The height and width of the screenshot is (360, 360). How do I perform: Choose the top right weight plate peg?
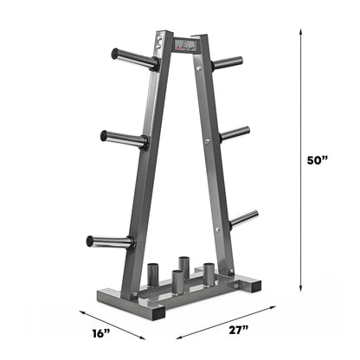228,62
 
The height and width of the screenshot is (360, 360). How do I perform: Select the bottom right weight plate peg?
243,217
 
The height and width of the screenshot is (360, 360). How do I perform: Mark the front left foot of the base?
142,309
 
